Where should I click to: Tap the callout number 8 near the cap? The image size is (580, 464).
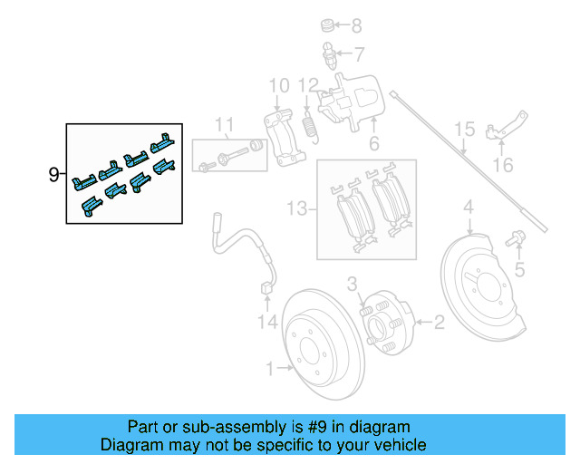(356, 25)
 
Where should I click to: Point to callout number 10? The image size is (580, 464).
(279, 86)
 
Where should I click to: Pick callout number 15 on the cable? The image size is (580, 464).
(463, 129)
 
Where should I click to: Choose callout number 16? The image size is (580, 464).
(503, 165)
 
